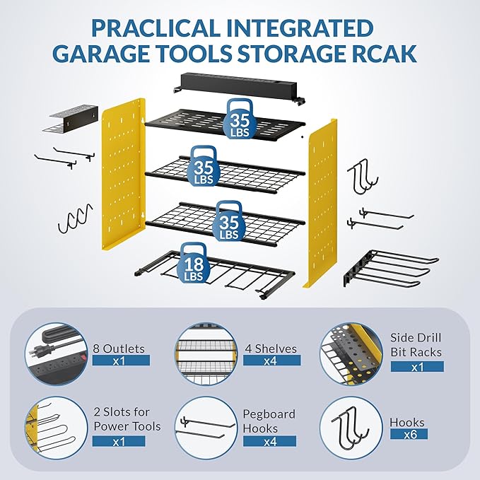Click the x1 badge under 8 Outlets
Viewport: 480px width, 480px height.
point(119,361)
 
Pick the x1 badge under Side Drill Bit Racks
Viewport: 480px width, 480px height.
point(417,366)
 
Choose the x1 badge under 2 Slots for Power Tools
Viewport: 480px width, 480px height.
point(119,440)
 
